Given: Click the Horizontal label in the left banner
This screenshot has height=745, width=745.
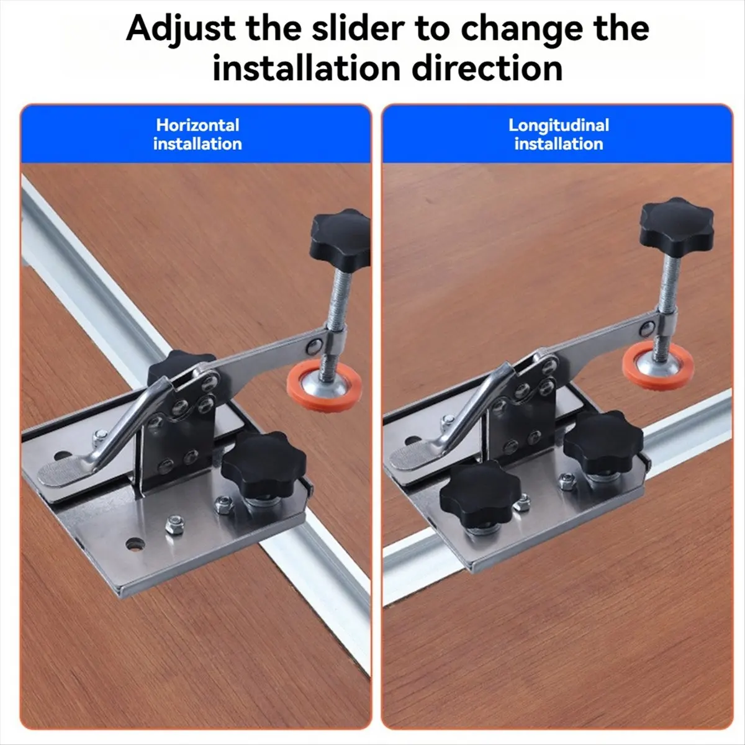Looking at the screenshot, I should coord(197,125).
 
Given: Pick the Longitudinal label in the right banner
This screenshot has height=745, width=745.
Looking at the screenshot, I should coord(559,125).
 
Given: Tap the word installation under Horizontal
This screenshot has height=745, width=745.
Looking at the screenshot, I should coord(197,144).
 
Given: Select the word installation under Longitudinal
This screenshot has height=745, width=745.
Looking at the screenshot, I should coord(559,144).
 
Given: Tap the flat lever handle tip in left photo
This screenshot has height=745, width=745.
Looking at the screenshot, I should coord(59,472).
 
